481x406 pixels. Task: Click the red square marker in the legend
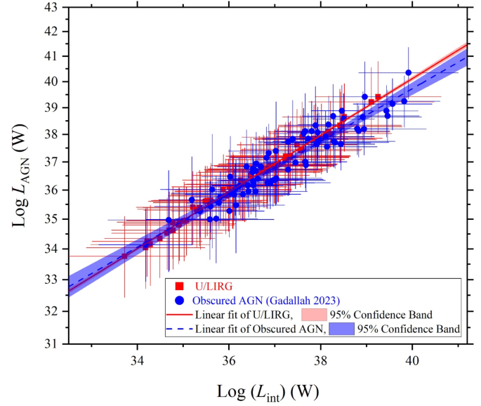point(179,286)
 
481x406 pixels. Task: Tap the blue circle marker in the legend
point(179,299)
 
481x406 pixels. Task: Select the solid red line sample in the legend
point(178,313)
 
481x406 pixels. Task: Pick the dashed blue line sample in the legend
point(178,328)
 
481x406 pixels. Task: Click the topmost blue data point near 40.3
point(409,72)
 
